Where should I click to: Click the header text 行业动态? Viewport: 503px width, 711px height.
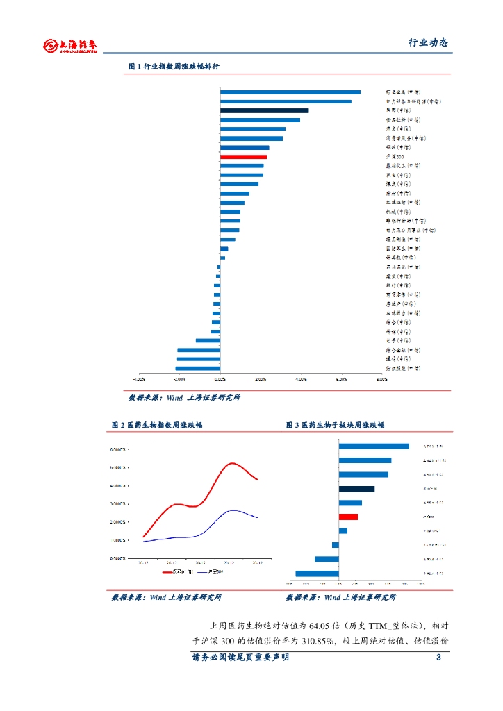point(427,42)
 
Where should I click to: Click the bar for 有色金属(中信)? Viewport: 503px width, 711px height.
point(290,92)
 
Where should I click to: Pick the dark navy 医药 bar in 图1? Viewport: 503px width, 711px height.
point(264,110)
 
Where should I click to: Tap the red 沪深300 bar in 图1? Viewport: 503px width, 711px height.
point(243,157)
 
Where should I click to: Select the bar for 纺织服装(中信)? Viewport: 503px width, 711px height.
point(198,368)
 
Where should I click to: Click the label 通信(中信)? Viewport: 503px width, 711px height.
point(398,359)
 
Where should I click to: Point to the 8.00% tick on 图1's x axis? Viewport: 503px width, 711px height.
point(381,380)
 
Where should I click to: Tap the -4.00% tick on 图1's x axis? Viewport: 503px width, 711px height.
point(139,380)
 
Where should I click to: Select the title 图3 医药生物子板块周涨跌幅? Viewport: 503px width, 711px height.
point(335,425)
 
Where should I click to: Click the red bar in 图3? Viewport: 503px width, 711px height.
point(348,517)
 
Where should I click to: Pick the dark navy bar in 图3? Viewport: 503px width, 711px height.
point(356,489)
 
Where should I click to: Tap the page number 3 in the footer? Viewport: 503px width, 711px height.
point(438,658)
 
